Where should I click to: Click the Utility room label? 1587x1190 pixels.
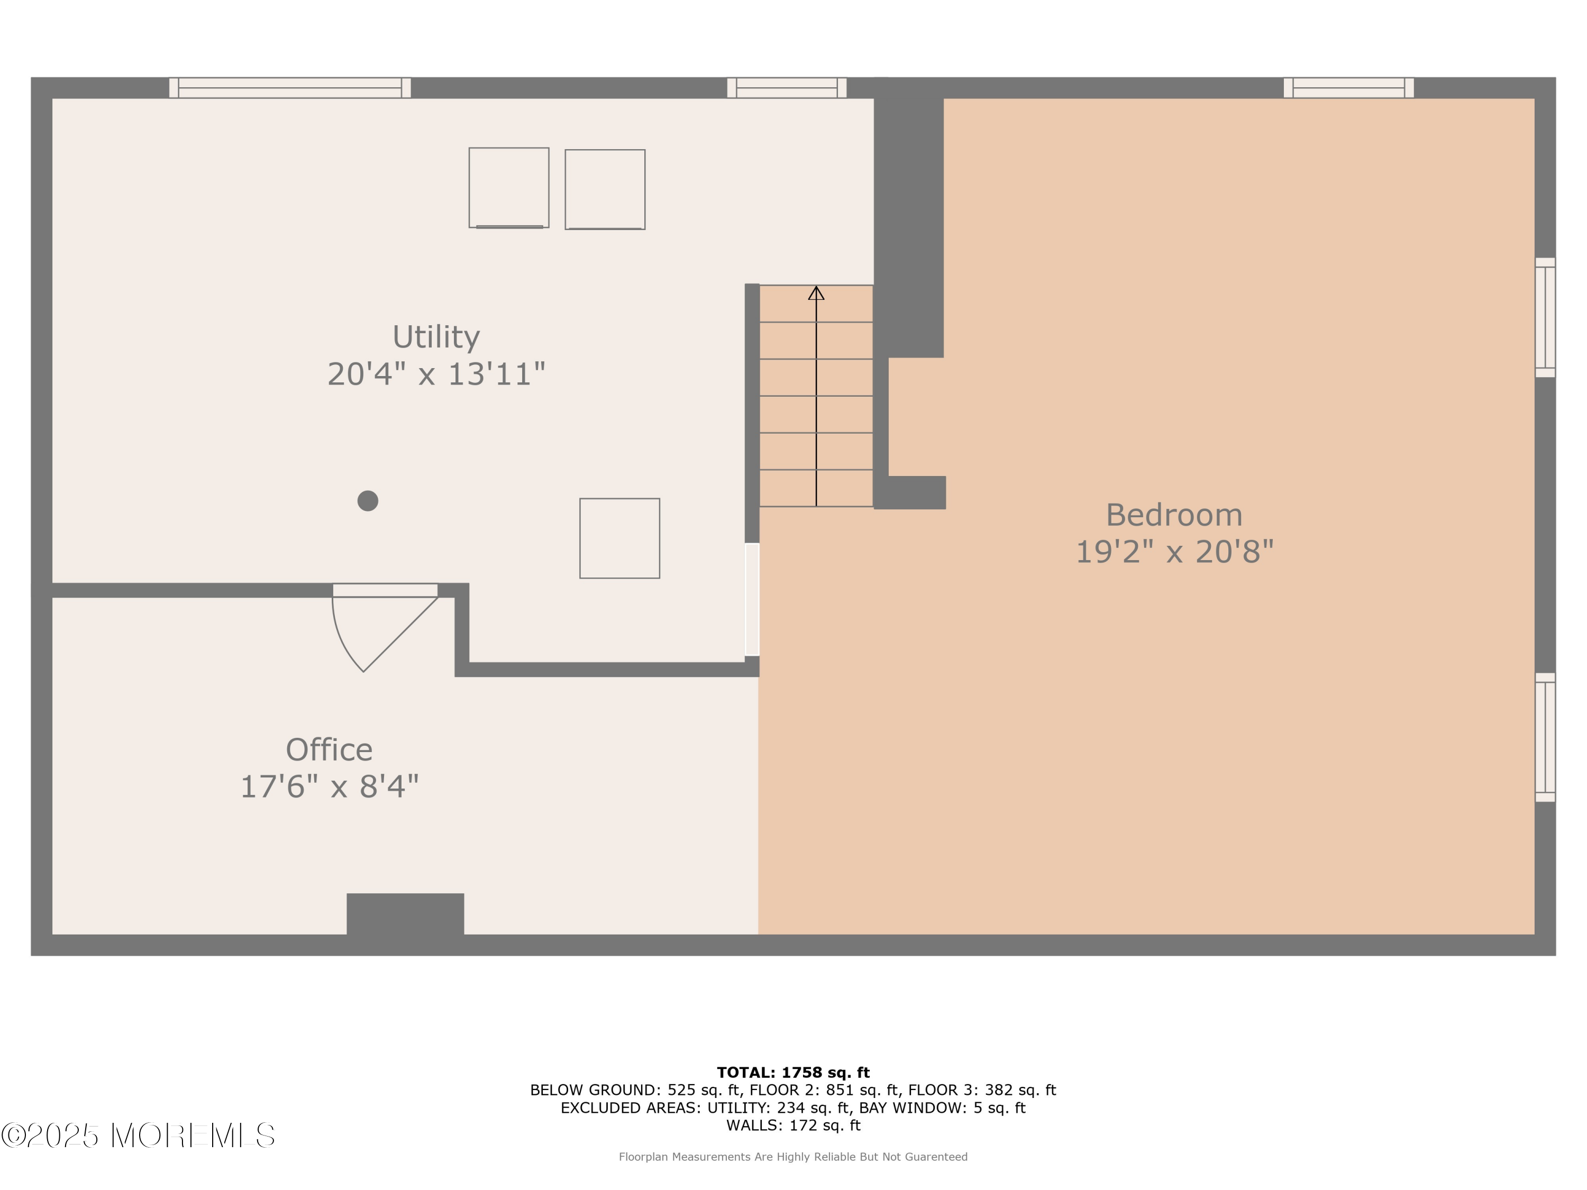436,337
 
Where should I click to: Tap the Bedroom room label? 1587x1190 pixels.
1174,515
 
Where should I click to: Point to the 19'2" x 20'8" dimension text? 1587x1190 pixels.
1174,552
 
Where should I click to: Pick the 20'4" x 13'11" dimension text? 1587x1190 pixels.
436,374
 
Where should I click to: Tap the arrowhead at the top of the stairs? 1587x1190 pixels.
816,292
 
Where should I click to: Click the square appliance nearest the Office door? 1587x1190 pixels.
620,538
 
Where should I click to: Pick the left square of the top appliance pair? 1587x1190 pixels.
509,188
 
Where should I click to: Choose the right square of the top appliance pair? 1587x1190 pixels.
605,189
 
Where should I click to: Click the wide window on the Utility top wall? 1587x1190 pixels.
290,87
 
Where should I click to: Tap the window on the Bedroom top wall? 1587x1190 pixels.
1349,87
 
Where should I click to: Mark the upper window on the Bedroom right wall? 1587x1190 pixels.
1545,317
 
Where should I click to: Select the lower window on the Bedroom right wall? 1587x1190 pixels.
1545,737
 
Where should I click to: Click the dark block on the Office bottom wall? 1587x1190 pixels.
405,914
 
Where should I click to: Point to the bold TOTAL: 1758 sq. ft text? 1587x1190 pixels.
793,1073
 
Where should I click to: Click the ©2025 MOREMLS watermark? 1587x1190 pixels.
138,1136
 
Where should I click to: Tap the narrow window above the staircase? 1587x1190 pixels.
787,87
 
